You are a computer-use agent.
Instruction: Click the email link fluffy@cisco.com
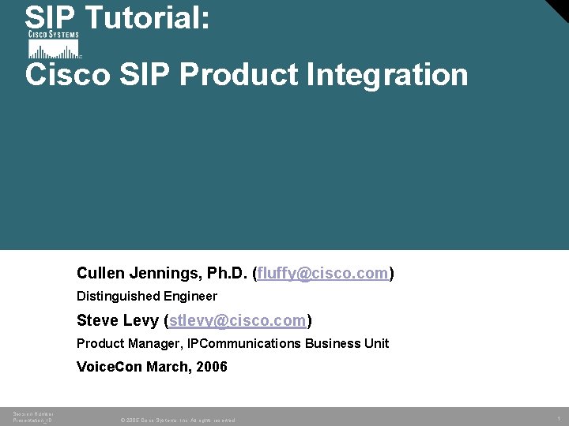pyautogui.click(x=322, y=274)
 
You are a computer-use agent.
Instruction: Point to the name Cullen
pyautogui.click(x=99, y=274)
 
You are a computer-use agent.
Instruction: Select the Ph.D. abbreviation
pyautogui.click(x=227, y=274)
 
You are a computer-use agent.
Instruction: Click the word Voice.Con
pyautogui.click(x=108, y=368)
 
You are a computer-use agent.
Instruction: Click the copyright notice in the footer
pyautogui.click(x=177, y=420)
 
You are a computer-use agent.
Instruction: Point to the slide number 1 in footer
pyautogui.click(x=558, y=418)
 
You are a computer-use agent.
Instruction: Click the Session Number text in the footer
pyautogui.click(x=33, y=413)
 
